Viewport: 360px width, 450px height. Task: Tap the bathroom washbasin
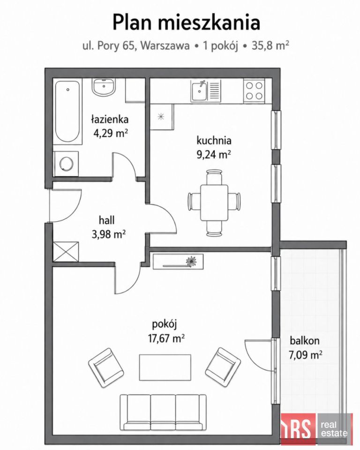click(104, 87)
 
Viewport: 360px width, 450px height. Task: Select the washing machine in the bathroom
click(66, 164)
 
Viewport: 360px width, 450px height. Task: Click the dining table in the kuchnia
click(214, 202)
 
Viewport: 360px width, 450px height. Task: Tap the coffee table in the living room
click(165, 367)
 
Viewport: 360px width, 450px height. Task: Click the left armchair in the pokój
click(106, 368)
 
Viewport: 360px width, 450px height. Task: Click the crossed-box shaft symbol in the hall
click(66, 252)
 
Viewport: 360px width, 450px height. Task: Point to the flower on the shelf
click(190, 262)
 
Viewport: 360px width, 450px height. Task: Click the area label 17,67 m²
click(166, 338)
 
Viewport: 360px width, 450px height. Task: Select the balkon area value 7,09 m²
click(305, 355)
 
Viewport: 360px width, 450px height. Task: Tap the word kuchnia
click(214, 141)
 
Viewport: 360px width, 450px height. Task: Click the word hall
click(106, 220)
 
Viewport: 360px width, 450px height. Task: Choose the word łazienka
click(110, 119)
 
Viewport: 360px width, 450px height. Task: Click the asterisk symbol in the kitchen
click(161, 116)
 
